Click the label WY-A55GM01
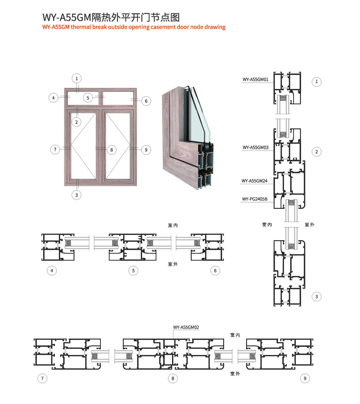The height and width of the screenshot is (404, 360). pyautogui.click(x=255, y=80)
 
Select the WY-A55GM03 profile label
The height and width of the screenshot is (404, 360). pyautogui.click(x=255, y=147)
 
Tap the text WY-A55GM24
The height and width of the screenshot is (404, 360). pyautogui.click(x=254, y=181)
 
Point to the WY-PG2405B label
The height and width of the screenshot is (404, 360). pyautogui.click(x=255, y=199)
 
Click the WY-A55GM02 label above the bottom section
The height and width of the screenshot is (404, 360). pyautogui.click(x=186, y=327)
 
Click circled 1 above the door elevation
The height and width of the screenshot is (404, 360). pyautogui.click(x=77, y=78)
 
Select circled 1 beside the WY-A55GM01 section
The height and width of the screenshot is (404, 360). pyautogui.click(x=316, y=82)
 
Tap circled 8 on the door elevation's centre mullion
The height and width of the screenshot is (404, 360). pyautogui.click(x=111, y=150)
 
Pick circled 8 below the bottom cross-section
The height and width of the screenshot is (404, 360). pyautogui.click(x=173, y=378)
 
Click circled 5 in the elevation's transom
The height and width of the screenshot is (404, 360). pyautogui.click(x=88, y=98)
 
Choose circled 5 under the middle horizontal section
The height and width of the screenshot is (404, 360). pyautogui.click(x=133, y=271)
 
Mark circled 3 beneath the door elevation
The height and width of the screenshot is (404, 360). pyautogui.click(x=77, y=195)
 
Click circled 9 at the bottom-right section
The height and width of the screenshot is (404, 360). pyautogui.click(x=305, y=378)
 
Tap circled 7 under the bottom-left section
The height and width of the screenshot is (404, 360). pyautogui.click(x=42, y=378)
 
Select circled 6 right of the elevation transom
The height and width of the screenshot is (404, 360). pyautogui.click(x=146, y=101)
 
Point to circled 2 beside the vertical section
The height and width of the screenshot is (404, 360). pyautogui.click(x=316, y=152)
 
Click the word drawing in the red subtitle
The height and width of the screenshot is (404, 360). pyautogui.click(x=215, y=27)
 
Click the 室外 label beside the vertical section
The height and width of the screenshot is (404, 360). pyautogui.click(x=310, y=224)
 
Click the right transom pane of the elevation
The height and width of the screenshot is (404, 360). pyautogui.click(x=118, y=98)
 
